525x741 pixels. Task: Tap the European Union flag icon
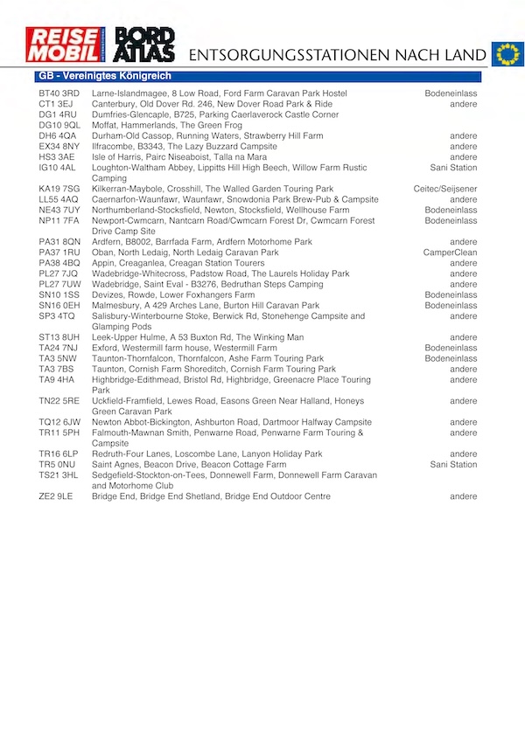(506, 53)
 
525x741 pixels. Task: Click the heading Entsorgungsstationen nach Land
(337, 54)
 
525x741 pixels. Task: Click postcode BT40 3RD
(59, 93)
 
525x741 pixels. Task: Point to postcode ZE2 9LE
(56, 496)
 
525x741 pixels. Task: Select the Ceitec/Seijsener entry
(445, 189)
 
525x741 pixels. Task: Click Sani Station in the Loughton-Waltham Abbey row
(453, 168)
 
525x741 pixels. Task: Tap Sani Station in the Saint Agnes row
(453, 465)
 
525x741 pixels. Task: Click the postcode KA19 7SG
(59, 189)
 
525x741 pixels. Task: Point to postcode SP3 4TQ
(57, 316)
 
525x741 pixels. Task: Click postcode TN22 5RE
(59, 401)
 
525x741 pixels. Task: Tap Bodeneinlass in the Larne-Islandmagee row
(451, 93)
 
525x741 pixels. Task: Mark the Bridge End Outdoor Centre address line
(211, 496)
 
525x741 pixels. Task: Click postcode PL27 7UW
(59, 284)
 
